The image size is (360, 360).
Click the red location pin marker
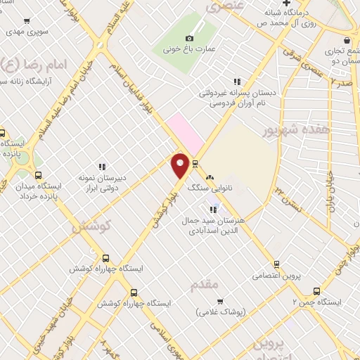coord(181,166)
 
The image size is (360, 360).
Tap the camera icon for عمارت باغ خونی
coord(188,38)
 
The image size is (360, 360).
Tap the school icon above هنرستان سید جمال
coord(212,209)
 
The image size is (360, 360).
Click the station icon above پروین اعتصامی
coord(276,264)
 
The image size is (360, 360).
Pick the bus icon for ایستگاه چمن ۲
coord(317,290)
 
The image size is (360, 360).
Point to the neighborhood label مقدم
coord(206,285)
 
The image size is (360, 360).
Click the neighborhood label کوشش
coord(88,226)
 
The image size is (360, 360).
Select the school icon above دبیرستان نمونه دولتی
coord(102,167)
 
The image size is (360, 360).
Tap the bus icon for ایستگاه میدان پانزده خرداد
coord(38,176)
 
